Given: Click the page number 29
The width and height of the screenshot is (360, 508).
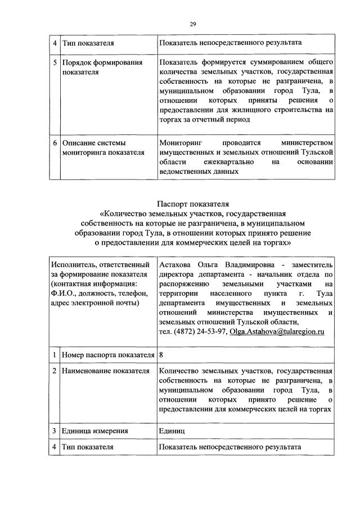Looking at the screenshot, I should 192,23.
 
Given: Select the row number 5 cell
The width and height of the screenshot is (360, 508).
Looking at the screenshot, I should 55,62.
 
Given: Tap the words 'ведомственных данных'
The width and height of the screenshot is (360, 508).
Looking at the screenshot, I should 197,172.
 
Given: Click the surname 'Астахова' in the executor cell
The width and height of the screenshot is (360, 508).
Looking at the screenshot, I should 177,264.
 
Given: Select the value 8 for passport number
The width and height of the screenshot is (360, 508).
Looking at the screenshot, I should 162,355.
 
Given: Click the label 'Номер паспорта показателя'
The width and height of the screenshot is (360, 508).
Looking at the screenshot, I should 107,355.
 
